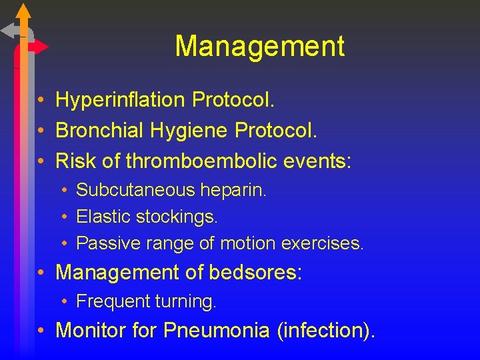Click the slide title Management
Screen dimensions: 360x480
click(259, 47)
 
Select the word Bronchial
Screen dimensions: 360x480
click(99, 131)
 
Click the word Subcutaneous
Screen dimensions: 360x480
click(135, 190)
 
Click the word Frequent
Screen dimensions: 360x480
click(113, 301)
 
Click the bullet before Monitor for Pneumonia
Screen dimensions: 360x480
click(41, 331)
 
